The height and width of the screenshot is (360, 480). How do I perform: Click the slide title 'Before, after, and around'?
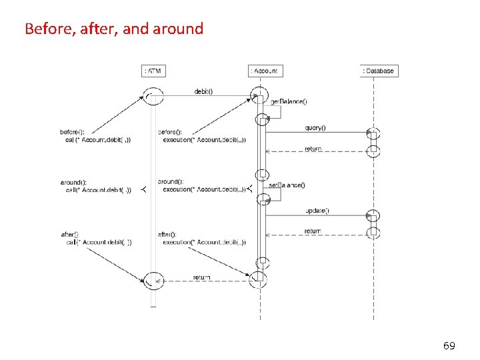pos(113,29)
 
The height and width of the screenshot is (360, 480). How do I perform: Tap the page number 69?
pos(449,345)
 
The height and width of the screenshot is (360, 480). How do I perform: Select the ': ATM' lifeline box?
pos(153,71)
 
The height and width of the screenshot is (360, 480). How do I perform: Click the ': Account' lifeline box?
pos(264,71)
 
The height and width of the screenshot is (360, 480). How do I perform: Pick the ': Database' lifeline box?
pos(379,71)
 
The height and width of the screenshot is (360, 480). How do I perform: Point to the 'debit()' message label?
pos(203,91)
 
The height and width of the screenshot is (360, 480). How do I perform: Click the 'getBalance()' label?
pos(289,101)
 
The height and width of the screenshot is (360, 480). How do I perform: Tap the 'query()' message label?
pos(315,128)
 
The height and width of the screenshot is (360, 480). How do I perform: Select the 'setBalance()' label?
pos(287,185)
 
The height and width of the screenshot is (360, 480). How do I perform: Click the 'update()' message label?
pos(317,211)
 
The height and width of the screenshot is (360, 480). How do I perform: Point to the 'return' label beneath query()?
pos(313,149)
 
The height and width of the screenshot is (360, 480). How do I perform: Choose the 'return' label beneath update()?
pos(313,231)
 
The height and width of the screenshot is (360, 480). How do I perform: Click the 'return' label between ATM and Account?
pos(201,277)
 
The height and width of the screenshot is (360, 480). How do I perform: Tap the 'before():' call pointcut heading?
pos(73,131)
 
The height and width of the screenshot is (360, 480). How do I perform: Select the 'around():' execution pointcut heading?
pos(169,181)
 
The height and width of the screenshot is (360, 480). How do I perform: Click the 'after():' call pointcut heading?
pos(70,234)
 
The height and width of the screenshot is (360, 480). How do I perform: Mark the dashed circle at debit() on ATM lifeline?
pos(154,97)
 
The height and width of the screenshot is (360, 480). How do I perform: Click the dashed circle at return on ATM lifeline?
pos(154,280)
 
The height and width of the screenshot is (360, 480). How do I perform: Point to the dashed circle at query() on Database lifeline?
pos(374,133)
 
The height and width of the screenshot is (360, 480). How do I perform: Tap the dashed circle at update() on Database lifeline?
pos(374,216)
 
